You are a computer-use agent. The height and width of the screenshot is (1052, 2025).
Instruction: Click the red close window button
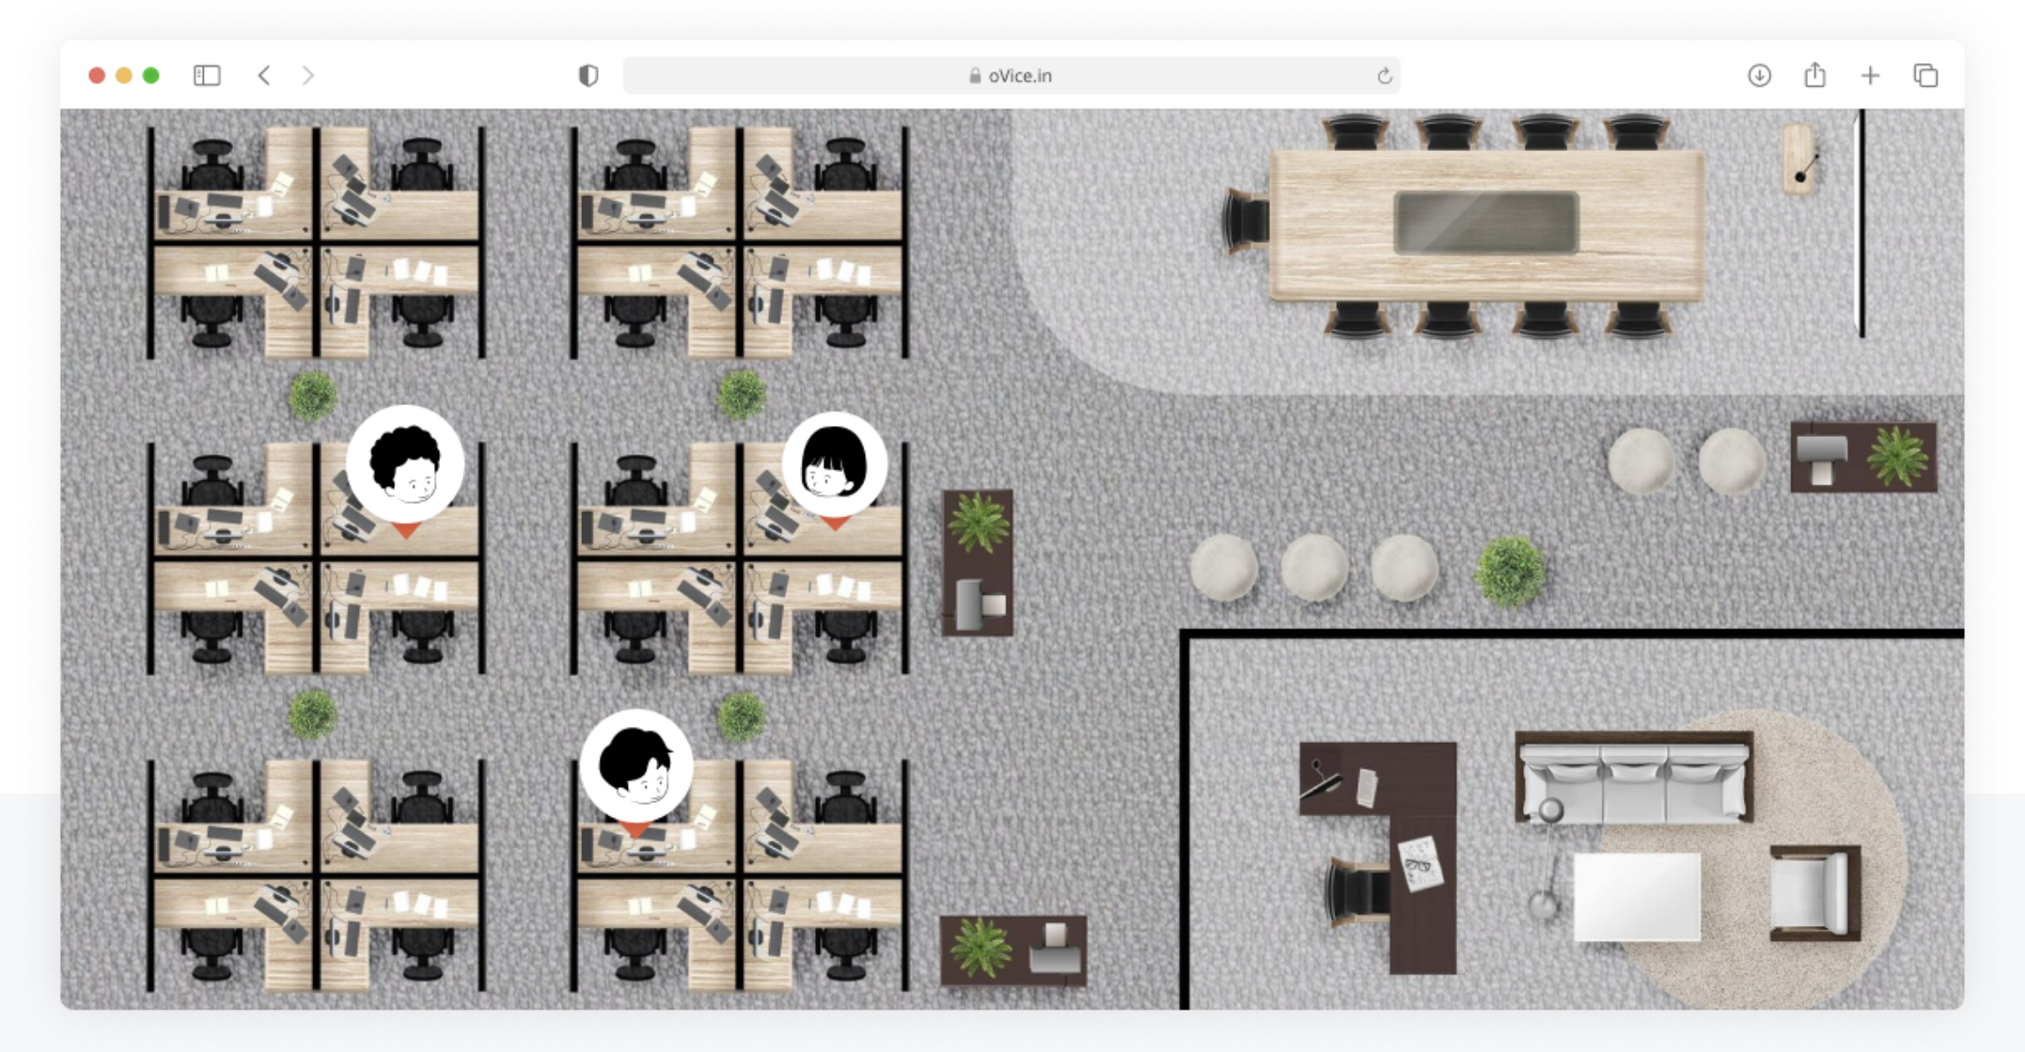pyautogui.click(x=97, y=76)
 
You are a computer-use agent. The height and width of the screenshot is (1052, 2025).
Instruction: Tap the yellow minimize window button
pyautogui.click(x=124, y=76)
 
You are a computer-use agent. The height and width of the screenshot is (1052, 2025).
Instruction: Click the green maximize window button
pyautogui.click(x=151, y=76)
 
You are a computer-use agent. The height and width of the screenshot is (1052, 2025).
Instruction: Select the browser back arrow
pyautogui.click(x=264, y=76)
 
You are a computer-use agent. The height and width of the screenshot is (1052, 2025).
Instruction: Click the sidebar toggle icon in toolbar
pyautogui.click(x=206, y=76)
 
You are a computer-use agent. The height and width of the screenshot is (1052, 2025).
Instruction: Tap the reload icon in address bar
pyautogui.click(x=1385, y=76)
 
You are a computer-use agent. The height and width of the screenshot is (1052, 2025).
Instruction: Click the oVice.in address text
pyautogui.click(x=1020, y=76)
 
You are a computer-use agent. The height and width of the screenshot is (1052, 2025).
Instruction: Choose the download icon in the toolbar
pyautogui.click(x=1760, y=76)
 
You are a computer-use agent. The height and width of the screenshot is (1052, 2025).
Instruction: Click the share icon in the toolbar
pyautogui.click(x=1815, y=75)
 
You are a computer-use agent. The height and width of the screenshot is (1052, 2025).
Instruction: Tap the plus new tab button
pyautogui.click(x=1870, y=76)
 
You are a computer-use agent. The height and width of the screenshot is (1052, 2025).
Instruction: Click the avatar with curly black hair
pyautogui.click(x=406, y=466)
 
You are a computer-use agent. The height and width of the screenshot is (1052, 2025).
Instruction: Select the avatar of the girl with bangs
pyautogui.click(x=834, y=466)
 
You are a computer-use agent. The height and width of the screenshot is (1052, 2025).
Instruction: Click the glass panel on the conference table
pyautogui.click(x=1486, y=222)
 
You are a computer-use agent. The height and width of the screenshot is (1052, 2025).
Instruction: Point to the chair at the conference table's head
pyautogui.click(x=1245, y=221)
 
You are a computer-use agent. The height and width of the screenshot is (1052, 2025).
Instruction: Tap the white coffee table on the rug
pyautogui.click(x=1637, y=897)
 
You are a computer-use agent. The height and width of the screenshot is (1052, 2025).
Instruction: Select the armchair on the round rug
pyautogui.click(x=1815, y=893)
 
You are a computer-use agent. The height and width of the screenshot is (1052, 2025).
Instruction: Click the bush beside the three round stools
pyautogui.click(x=1510, y=571)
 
